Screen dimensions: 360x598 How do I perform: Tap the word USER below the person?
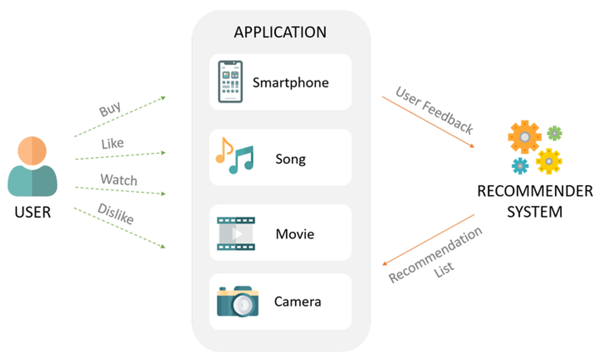[33, 212]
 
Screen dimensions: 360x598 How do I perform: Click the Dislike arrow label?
[116, 214]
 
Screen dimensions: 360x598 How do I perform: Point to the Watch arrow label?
[119, 179]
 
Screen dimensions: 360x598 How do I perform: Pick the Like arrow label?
[112, 144]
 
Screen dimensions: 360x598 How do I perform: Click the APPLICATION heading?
[280, 32]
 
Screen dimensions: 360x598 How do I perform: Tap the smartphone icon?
[230, 82]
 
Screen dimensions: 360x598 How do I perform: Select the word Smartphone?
[291, 82]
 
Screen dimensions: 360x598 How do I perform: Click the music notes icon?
[234, 156]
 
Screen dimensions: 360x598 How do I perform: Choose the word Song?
[291, 159]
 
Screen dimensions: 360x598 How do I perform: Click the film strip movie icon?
[236, 233]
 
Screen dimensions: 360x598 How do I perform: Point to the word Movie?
[295, 234]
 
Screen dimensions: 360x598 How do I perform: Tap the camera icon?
[237, 301]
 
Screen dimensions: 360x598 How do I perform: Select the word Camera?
[298, 301]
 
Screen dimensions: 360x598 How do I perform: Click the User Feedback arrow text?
[434, 110]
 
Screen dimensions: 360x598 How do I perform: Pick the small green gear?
[554, 133]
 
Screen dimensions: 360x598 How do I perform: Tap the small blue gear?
[520, 165]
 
